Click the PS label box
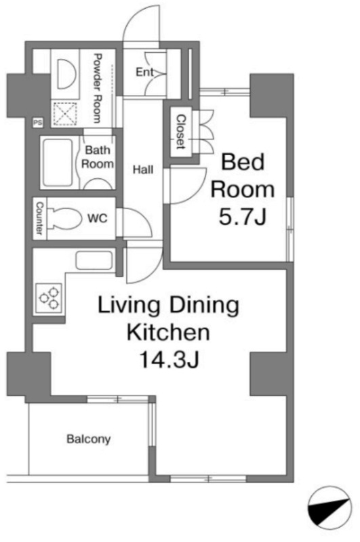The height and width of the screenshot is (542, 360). tap(38, 123)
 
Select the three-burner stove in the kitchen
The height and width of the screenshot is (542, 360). tap(49, 298)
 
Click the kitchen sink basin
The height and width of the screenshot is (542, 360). tap(94, 261)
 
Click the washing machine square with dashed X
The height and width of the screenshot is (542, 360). tap(65, 114)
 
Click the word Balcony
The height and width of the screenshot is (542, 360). tap(89, 439)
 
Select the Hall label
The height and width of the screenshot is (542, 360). tap(143, 169)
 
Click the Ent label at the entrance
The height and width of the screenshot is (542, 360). tap(144, 72)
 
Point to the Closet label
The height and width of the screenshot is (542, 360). tap(181, 131)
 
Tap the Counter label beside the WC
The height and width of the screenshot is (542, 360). tap(39, 218)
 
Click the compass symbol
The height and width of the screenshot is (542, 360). tap(329, 507)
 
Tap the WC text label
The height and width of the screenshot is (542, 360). tap(97, 218)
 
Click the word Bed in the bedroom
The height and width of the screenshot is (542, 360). tap(243, 162)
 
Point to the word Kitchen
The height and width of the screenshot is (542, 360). tap(168, 332)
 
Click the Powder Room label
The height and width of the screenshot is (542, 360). tap(97, 88)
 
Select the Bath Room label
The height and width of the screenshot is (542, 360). tap(97, 157)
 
